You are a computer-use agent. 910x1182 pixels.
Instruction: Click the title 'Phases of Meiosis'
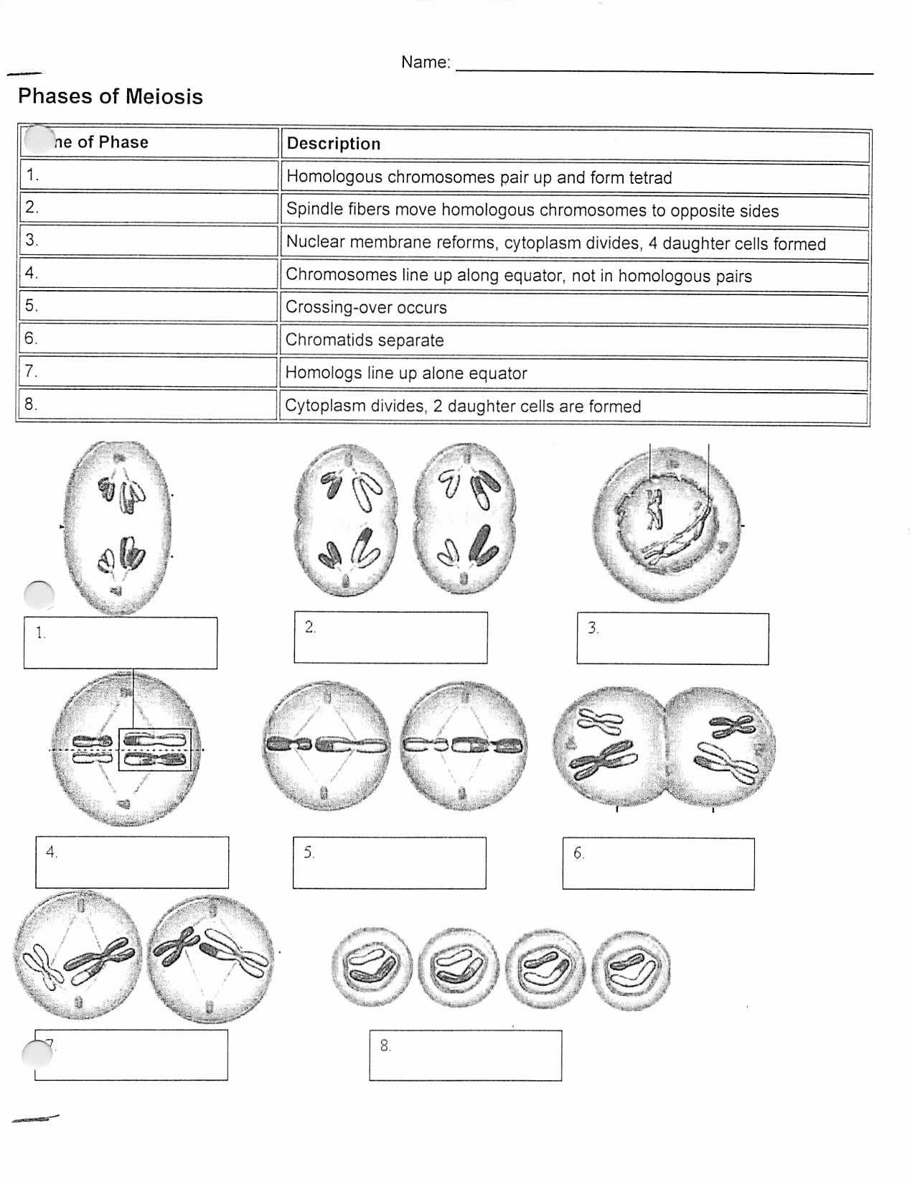111,96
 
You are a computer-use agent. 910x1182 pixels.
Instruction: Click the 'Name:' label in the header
426,62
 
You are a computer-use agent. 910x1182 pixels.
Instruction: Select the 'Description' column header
334,144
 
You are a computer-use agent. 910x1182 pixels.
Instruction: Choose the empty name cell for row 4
149,274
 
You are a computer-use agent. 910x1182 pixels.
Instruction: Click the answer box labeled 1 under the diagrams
121,643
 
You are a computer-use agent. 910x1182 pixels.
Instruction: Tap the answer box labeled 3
672,638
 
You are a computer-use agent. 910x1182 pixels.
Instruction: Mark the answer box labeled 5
389,862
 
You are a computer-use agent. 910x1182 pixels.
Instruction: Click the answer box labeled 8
465,1055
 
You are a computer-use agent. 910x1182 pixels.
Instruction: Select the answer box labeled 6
658,863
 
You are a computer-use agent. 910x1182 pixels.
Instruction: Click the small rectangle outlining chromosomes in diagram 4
155,750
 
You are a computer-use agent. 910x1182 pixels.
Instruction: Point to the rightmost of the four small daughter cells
632,970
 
